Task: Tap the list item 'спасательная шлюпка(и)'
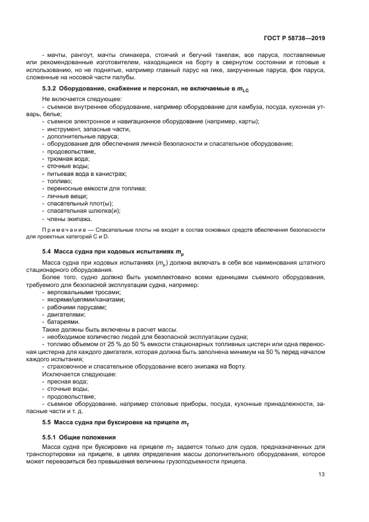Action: click(x=84, y=211)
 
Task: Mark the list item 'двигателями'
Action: click(x=66, y=314)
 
